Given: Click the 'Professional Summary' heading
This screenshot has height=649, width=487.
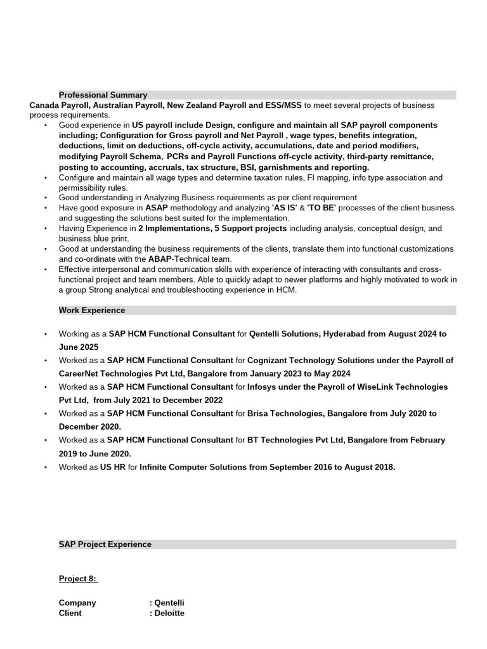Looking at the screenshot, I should [x=103, y=95].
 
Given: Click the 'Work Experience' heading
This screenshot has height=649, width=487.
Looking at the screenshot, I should [x=92, y=311].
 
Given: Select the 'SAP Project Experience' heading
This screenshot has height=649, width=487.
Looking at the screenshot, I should [x=105, y=544].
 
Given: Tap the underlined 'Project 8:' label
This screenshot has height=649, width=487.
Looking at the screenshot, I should [x=79, y=579].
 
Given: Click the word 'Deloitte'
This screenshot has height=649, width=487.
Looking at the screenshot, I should [x=169, y=614].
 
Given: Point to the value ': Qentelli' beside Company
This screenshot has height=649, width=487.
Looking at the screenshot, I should [x=167, y=603].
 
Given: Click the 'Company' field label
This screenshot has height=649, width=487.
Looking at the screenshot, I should [x=77, y=603].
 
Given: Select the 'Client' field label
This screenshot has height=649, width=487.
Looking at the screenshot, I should [x=70, y=614].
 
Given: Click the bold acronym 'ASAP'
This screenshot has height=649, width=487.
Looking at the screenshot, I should [x=157, y=208].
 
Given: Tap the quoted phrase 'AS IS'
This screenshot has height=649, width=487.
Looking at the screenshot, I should [x=284, y=208].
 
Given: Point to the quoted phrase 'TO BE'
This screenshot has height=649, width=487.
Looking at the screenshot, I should [x=321, y=208].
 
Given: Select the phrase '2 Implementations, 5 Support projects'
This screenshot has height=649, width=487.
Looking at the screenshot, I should [x=212, y=228].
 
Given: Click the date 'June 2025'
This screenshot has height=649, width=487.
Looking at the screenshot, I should [x=79, y=347].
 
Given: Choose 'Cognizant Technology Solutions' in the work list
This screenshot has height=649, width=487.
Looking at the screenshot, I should [x=309, y=360].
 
